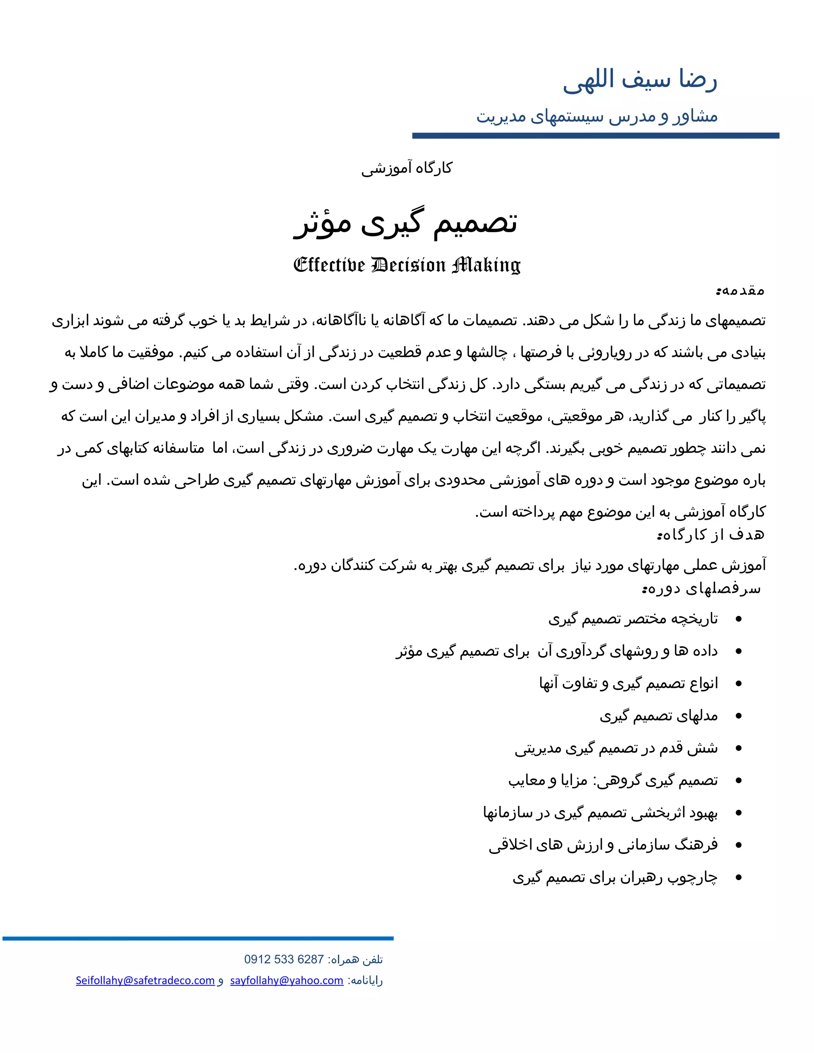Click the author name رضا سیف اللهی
(x=640, y=79)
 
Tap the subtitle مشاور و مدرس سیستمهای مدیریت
(x=597, y=116)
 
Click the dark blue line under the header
(x=595, y=136)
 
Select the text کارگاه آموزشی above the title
(x=407, y=168)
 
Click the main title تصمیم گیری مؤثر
(x=406, y=223)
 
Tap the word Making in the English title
(x=486, y=265)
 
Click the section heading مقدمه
(x=740, y=291)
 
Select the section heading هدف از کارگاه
(x=711, y=535)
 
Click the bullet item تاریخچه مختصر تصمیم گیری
(x=633, y=619)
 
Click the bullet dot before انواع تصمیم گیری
(x=738, y=684)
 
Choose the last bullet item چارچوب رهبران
(x=615, y=877)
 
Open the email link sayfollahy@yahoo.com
(x=287, y=980)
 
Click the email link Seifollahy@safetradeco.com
(x=145, y=980)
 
